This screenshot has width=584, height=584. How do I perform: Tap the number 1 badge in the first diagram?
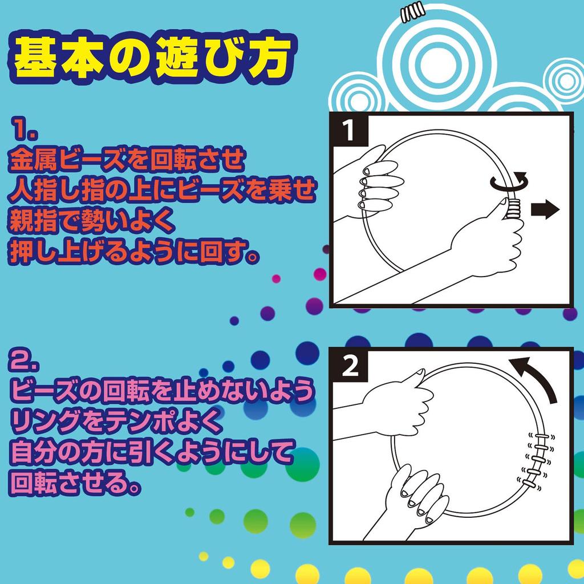349,132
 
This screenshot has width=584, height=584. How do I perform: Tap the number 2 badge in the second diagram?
350,367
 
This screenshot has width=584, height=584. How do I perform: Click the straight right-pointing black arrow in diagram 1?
545,210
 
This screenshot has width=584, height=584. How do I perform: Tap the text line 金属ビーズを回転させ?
127,163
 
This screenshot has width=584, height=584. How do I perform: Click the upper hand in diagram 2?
399,399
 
